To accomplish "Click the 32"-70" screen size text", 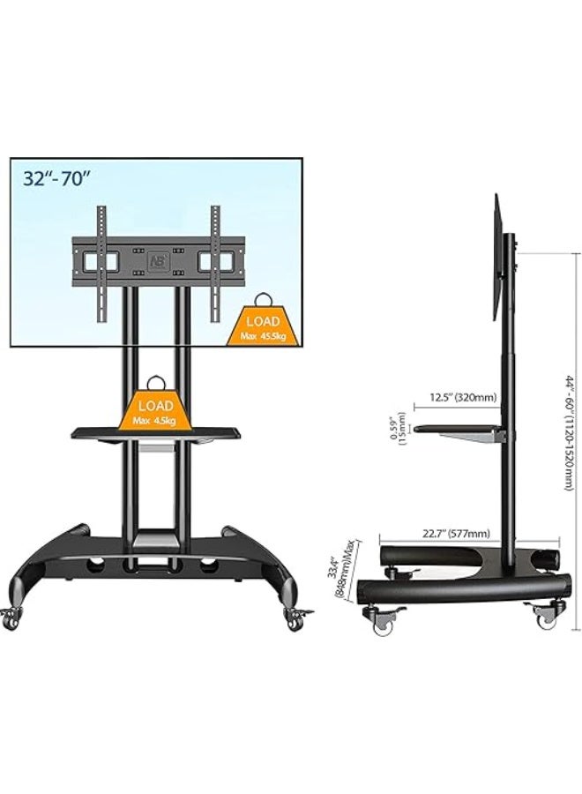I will tap(59, 177).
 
